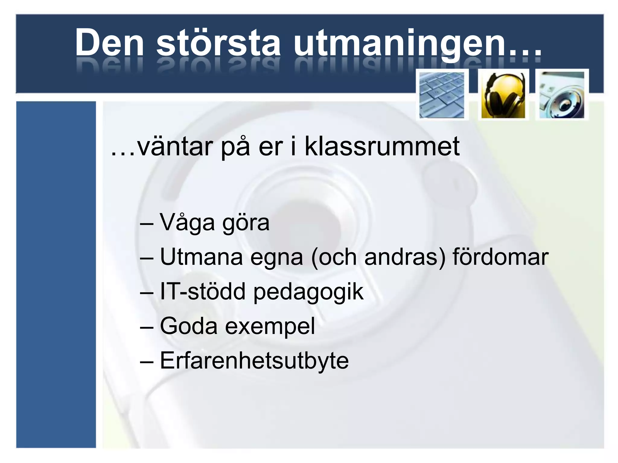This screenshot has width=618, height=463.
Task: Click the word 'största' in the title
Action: pos(218,43)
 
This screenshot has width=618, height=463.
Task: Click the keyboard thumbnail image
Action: pos(442,95)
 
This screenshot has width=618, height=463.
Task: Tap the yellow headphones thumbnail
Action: pos(503,95)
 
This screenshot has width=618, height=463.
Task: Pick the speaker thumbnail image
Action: pos(562,95)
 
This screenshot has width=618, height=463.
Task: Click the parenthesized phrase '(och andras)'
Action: pos(378,257)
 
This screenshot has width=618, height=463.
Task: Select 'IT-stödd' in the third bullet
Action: pos(202,291)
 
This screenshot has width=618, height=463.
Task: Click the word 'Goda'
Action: pos(189,326)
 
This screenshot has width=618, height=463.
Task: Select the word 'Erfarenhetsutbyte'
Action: pos(254,361)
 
